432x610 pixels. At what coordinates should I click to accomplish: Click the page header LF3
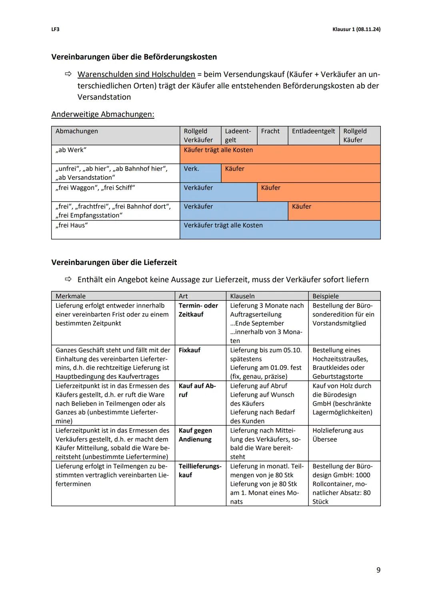(55, 30)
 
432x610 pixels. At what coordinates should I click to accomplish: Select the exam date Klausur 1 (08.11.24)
(356, 30)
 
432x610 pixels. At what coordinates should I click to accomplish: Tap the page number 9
(378, 570)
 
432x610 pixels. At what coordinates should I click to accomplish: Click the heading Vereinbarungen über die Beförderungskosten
(134, 57)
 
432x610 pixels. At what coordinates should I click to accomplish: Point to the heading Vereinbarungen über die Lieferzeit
(114, 262)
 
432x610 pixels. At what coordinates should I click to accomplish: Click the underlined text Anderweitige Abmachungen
(102, 114)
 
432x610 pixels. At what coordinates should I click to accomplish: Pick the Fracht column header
(270, 131)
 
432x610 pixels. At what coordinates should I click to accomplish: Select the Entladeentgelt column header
(313, 131)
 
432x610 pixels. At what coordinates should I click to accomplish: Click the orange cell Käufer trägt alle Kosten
(218, 150)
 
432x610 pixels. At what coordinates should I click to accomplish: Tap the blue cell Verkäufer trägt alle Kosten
(223, 226)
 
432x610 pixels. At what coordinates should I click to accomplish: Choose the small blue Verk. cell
(192, 169)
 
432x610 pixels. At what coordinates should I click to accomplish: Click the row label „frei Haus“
(72, 226)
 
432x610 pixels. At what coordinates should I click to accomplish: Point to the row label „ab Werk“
(71, 150)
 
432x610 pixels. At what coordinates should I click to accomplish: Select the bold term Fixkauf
(190, 350)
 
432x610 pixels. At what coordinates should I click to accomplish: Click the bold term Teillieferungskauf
(200, 471)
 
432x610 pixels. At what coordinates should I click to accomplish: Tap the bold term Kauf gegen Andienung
(195, 435)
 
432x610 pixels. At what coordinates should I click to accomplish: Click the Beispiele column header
(326, 296)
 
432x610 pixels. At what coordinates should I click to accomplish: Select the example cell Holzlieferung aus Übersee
(338, 435)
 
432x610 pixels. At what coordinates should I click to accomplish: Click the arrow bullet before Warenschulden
(68, 74)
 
